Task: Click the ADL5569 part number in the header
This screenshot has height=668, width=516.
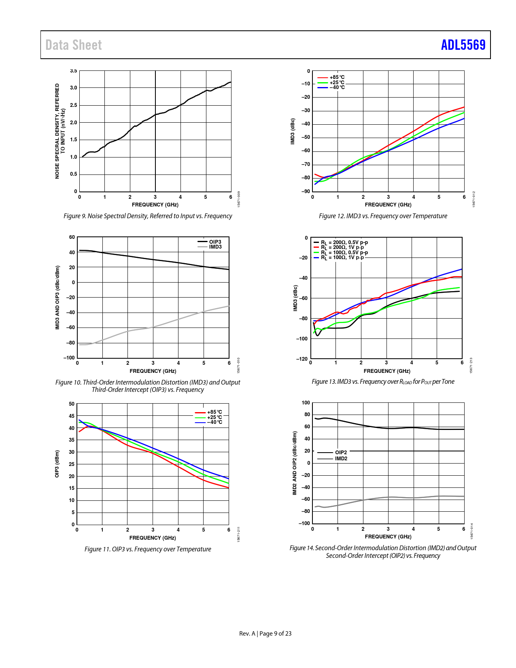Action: [x=463, y=45]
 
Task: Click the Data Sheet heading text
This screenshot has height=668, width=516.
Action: [x=74, y=45]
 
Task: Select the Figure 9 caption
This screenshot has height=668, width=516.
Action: [x=148, y=216]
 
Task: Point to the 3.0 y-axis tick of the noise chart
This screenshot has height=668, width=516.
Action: [x=73, y=88]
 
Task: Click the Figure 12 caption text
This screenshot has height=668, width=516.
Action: [x=383, y=216]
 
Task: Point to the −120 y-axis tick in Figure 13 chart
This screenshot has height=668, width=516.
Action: [x=302, y=359]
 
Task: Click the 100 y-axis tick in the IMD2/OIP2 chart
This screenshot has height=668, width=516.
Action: [x=306, y=403]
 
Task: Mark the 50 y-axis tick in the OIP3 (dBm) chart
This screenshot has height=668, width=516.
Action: [x=72, y=404]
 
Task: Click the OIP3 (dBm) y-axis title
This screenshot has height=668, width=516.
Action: [x=57, y=464]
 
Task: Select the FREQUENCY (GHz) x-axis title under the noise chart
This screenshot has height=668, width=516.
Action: [x=155, y=205]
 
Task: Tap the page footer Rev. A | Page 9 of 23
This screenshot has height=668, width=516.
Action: [x=265, y=634]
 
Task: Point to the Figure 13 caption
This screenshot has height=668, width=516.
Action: [x=383, y=382]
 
